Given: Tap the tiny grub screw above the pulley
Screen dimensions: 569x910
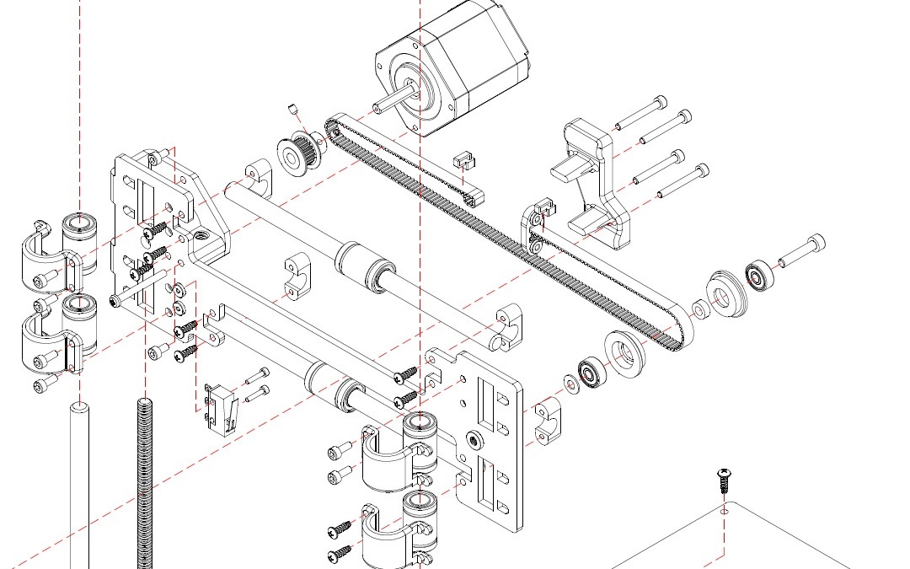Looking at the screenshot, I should [293, 107].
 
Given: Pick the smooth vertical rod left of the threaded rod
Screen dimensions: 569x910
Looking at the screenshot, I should [79, 489].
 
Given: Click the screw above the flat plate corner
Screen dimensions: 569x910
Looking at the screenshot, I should [724, 480].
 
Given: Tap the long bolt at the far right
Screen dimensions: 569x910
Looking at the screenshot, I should [801, 251].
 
